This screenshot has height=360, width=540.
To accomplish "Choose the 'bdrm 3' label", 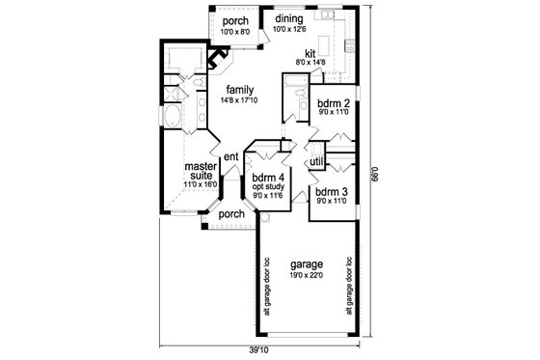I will [330, 192].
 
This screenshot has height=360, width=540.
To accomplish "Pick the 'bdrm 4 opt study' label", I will [263, 180].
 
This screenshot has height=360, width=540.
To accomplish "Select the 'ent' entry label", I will [230, 156].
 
